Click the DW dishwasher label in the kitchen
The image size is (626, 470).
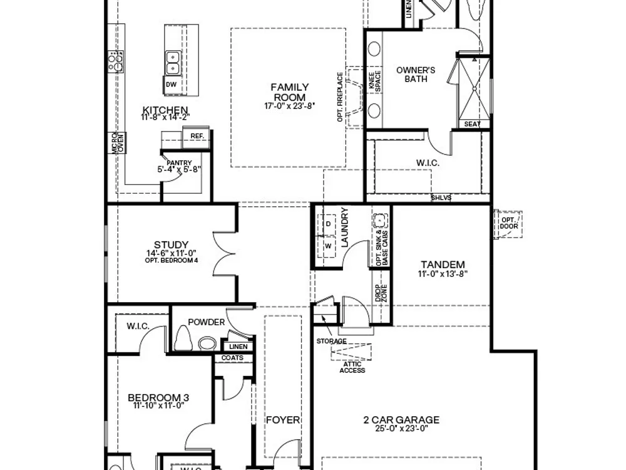coord(171,85)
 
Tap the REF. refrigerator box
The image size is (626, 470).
coord(196,138)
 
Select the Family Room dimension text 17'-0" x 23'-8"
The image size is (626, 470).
coord(290,106)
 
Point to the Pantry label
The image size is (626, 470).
coord(179,163)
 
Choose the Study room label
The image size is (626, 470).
coord(172,244)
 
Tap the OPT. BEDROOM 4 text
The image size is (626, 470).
coord(172,261)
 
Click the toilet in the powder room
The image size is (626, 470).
coord(183,338)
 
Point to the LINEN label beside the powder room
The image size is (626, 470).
coord(239,347)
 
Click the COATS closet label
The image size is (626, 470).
coord(232,358)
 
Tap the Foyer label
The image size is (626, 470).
coord(283,420)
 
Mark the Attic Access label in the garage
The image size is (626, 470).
coord(352,367)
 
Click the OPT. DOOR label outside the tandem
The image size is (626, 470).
coord(508,223)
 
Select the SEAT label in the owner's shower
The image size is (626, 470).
coord(472,124)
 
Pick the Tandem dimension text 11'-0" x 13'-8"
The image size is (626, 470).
coord(443,274)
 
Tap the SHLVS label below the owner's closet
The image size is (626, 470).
coord(441,197)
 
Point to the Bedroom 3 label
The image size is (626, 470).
coord(158,398)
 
